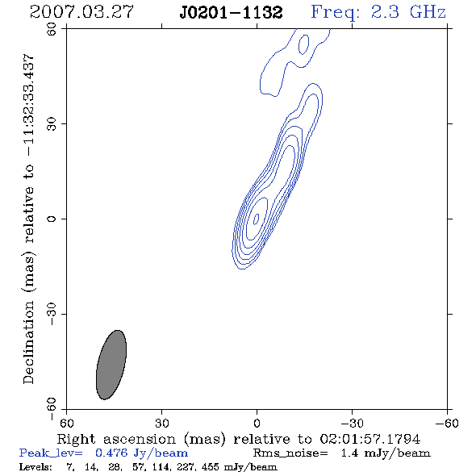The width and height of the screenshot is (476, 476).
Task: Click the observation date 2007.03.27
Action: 81,12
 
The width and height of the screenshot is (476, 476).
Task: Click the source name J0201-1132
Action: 231,13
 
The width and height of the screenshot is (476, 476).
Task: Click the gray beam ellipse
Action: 111,365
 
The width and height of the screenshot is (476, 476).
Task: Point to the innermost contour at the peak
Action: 257,219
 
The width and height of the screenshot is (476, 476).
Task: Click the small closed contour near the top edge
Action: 303,44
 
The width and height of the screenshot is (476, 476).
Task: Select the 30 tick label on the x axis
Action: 161,423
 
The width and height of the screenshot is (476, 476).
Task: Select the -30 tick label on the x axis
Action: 352,423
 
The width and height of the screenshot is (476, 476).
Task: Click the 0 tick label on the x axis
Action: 257,423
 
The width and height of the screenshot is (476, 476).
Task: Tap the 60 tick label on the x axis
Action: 66,423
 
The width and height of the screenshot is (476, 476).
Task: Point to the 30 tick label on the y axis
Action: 52,124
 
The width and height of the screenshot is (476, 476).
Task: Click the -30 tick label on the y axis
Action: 52,314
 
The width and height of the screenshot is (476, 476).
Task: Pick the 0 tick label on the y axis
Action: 52,219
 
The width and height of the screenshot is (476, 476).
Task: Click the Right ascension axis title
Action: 238,439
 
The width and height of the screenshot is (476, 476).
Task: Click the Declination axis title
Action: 29,219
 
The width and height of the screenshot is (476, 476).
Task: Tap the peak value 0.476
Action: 111,453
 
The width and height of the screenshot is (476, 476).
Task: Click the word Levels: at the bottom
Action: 35,466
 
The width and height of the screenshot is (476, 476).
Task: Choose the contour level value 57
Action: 138,466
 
